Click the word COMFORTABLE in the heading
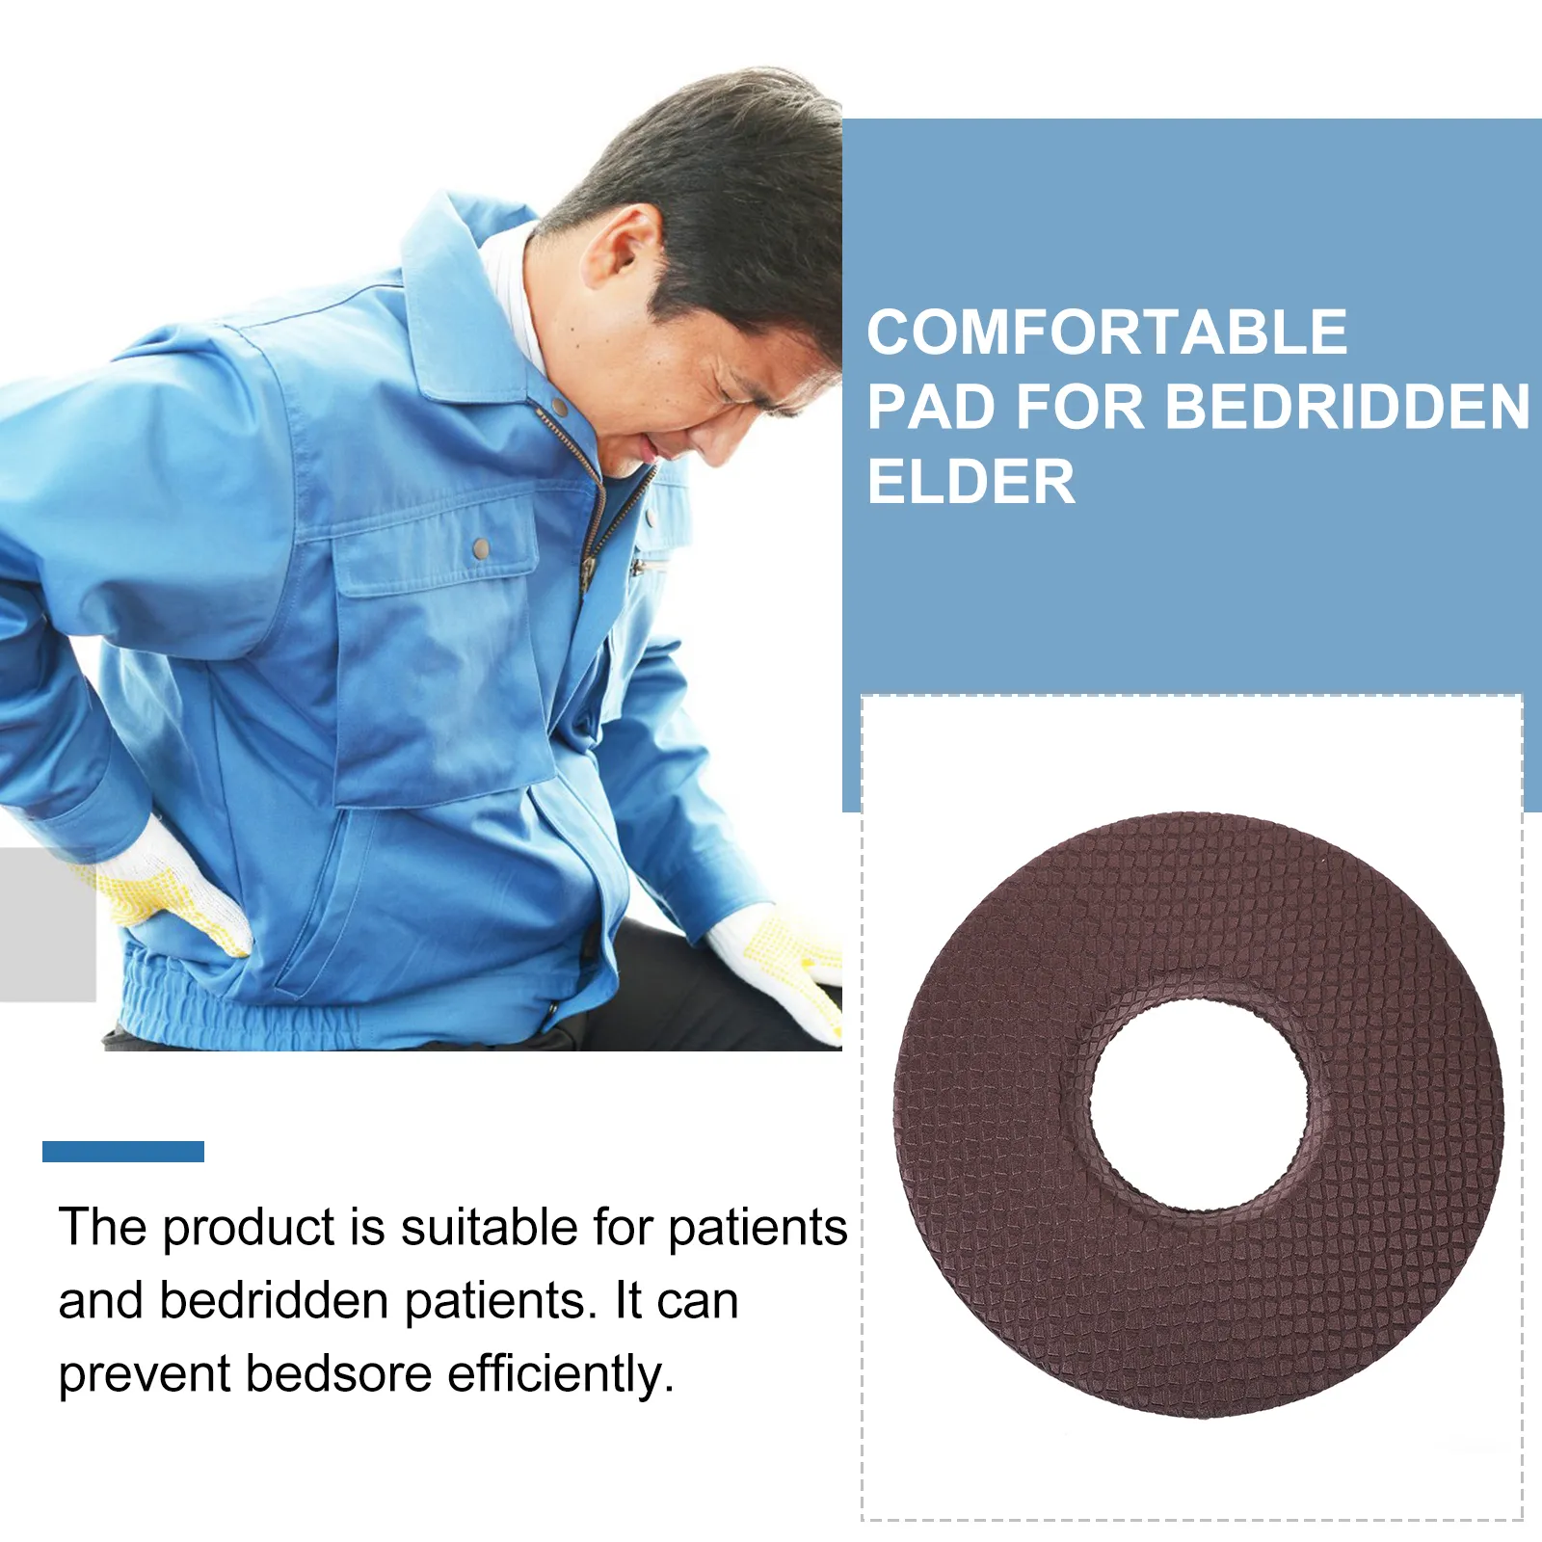1106,332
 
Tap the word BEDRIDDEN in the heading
1347,407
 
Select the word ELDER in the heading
970,482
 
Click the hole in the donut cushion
1199,1104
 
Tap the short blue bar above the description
123,1151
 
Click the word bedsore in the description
338,1373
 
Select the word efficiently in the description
560,1373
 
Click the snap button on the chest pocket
480,548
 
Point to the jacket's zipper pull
585,573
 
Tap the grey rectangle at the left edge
47,925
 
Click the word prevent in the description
144,1374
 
